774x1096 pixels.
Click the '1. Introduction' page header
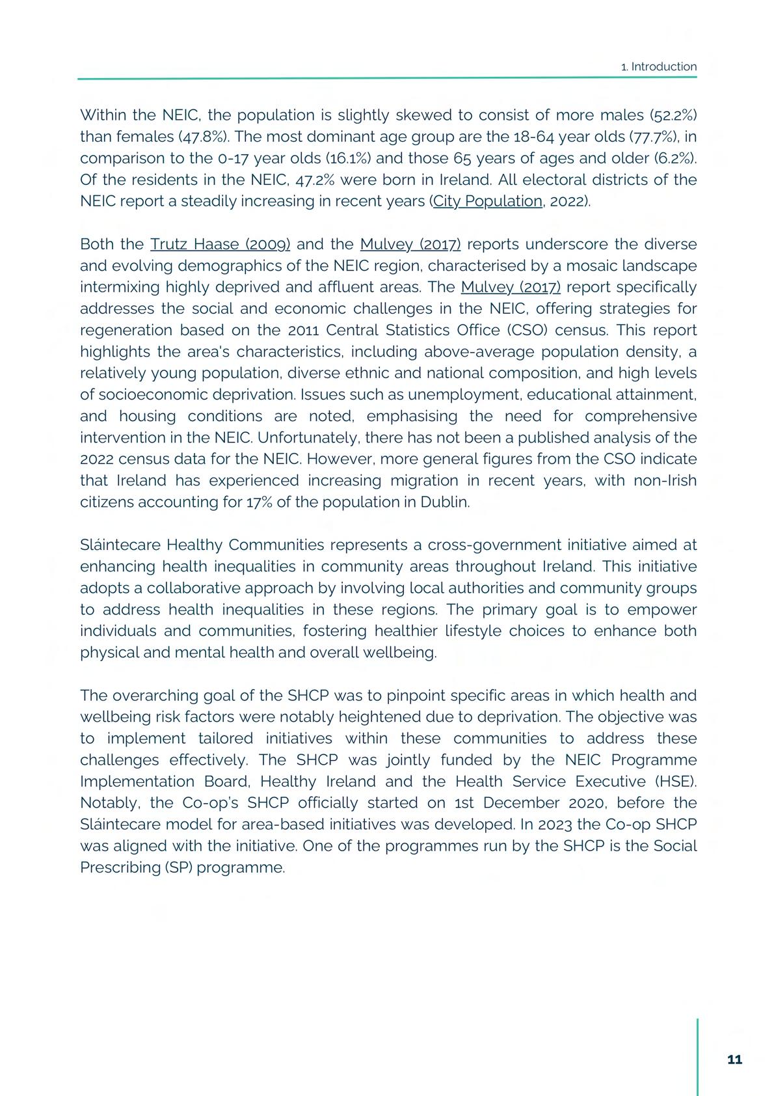click(x=659, y=66)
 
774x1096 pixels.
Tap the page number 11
click(x=734, y=1060)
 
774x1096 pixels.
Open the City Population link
click(x=487, y=201)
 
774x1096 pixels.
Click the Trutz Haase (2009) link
click(x=220, y=244)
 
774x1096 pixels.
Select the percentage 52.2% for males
click(x=674, y=115)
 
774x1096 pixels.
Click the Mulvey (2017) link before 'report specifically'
click(x=511, y=287)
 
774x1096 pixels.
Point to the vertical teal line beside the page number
click(x=697, y=1056)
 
